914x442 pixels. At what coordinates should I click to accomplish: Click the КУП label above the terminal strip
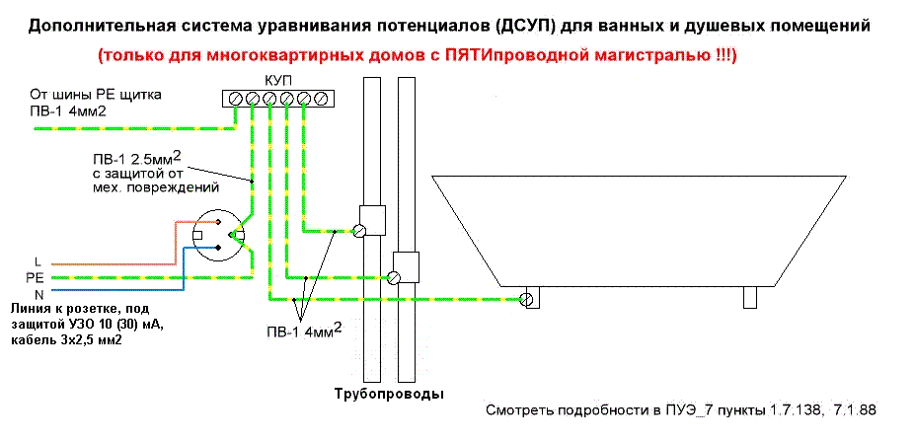point(277,78)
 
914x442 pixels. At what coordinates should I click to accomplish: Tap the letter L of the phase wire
point(37,261)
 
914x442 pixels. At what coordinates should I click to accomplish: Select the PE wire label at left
point(35,278)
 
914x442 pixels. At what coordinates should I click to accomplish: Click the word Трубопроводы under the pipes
point(387,393)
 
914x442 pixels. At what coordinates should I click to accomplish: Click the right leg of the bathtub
point(750,297)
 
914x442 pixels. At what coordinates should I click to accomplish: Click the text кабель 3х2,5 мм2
point(74,339)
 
